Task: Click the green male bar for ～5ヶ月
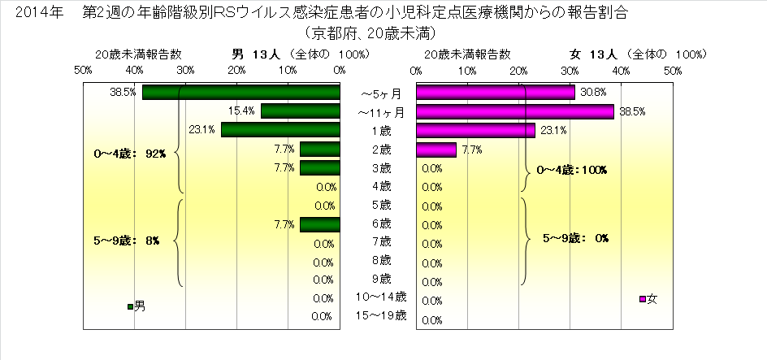point(240,93)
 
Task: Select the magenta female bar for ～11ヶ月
point(515,111)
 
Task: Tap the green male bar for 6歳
point(319,224)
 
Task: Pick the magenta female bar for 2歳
point(436,150)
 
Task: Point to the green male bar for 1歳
point(280,130)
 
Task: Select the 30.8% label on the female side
point(594,93)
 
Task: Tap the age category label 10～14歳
point(382,297)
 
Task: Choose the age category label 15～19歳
point(382,315)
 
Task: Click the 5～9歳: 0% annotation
point(575,238)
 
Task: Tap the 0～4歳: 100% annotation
point(573,170)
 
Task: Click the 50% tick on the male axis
point(82,71)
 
